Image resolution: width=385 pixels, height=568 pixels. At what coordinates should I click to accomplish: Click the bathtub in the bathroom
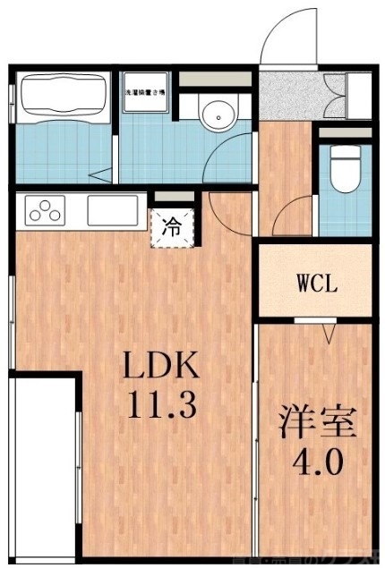coord(62,96)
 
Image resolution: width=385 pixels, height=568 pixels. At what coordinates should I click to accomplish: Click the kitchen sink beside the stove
coord(111,212)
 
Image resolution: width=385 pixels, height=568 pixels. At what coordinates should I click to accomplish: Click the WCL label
coord(317,286)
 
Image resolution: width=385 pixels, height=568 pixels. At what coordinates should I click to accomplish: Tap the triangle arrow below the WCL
coord(329,334)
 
